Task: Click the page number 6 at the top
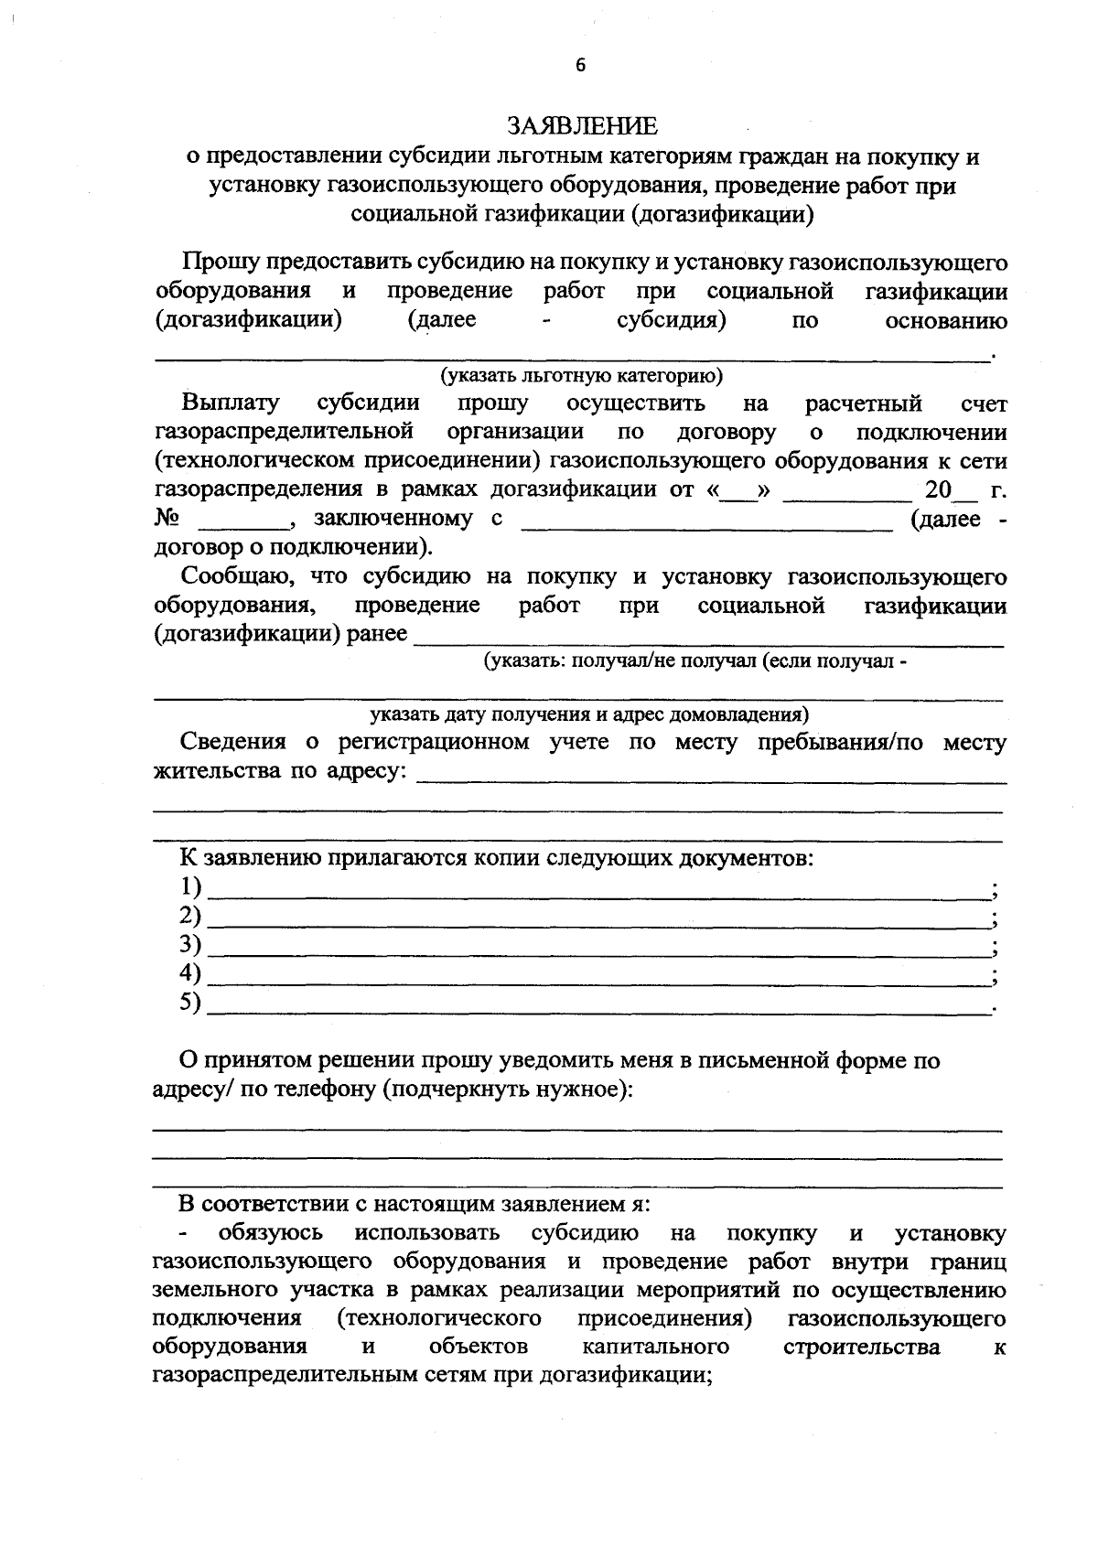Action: click(x=580, y=65)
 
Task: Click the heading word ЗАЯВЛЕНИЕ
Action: click(x=582, y=124)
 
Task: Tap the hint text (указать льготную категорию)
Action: click(x=581, y=375)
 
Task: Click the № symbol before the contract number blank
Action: click(x=167, y=520)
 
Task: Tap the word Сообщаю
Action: click(x=237, y=577)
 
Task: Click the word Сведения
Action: click(x=233, y=742)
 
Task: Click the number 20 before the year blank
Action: click(x=938, y=490)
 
